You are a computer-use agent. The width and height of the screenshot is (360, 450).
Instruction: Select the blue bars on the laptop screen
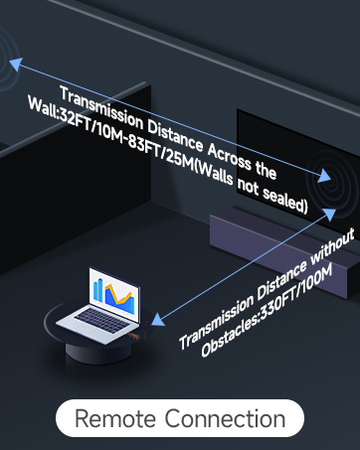100,289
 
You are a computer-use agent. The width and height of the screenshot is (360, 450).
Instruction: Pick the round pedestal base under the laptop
91,343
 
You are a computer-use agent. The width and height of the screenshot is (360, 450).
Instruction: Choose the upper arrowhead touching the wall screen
325,177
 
